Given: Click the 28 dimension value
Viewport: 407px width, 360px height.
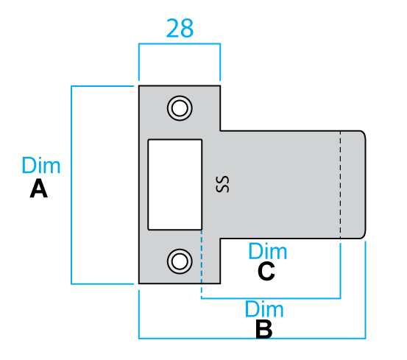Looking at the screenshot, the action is [x=180, y=28].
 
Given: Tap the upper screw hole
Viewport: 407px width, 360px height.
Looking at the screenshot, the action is [x=180, y=108].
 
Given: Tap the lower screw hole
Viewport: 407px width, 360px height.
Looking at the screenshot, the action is [x=180, y=261].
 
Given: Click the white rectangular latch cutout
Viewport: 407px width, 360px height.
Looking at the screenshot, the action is [x=175, y=185].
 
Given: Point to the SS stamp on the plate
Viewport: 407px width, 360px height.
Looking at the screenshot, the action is [x=222, y=184].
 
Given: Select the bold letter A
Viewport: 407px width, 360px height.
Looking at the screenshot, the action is [x=39, y=188].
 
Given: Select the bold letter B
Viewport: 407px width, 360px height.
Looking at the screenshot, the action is [x=263, y=329].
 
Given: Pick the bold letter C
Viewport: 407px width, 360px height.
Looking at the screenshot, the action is [x=266, y=271].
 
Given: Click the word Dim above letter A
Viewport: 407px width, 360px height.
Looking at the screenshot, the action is [x=41, y=165].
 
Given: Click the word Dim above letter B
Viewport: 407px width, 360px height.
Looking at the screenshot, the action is [x=264, y=309].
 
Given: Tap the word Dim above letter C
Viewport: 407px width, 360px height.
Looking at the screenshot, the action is [x=268, y=251].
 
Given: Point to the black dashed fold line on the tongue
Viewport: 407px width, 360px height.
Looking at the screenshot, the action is [x=340, y=185].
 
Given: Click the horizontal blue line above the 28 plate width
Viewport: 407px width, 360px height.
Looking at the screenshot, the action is [x=180, y=43].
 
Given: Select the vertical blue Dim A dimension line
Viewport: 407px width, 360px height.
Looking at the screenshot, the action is [x=71, y=185].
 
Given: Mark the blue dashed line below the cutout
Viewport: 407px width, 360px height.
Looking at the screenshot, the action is [x=202, y=264].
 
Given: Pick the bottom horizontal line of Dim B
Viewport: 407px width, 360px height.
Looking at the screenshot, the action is [x=252, y=338].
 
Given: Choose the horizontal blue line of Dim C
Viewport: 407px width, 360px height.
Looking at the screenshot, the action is [x=271, y=298].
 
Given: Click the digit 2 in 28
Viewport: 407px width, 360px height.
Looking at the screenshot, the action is [x=173, y=28].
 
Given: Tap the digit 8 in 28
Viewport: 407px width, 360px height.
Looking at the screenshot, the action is [x=187, y=28].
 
